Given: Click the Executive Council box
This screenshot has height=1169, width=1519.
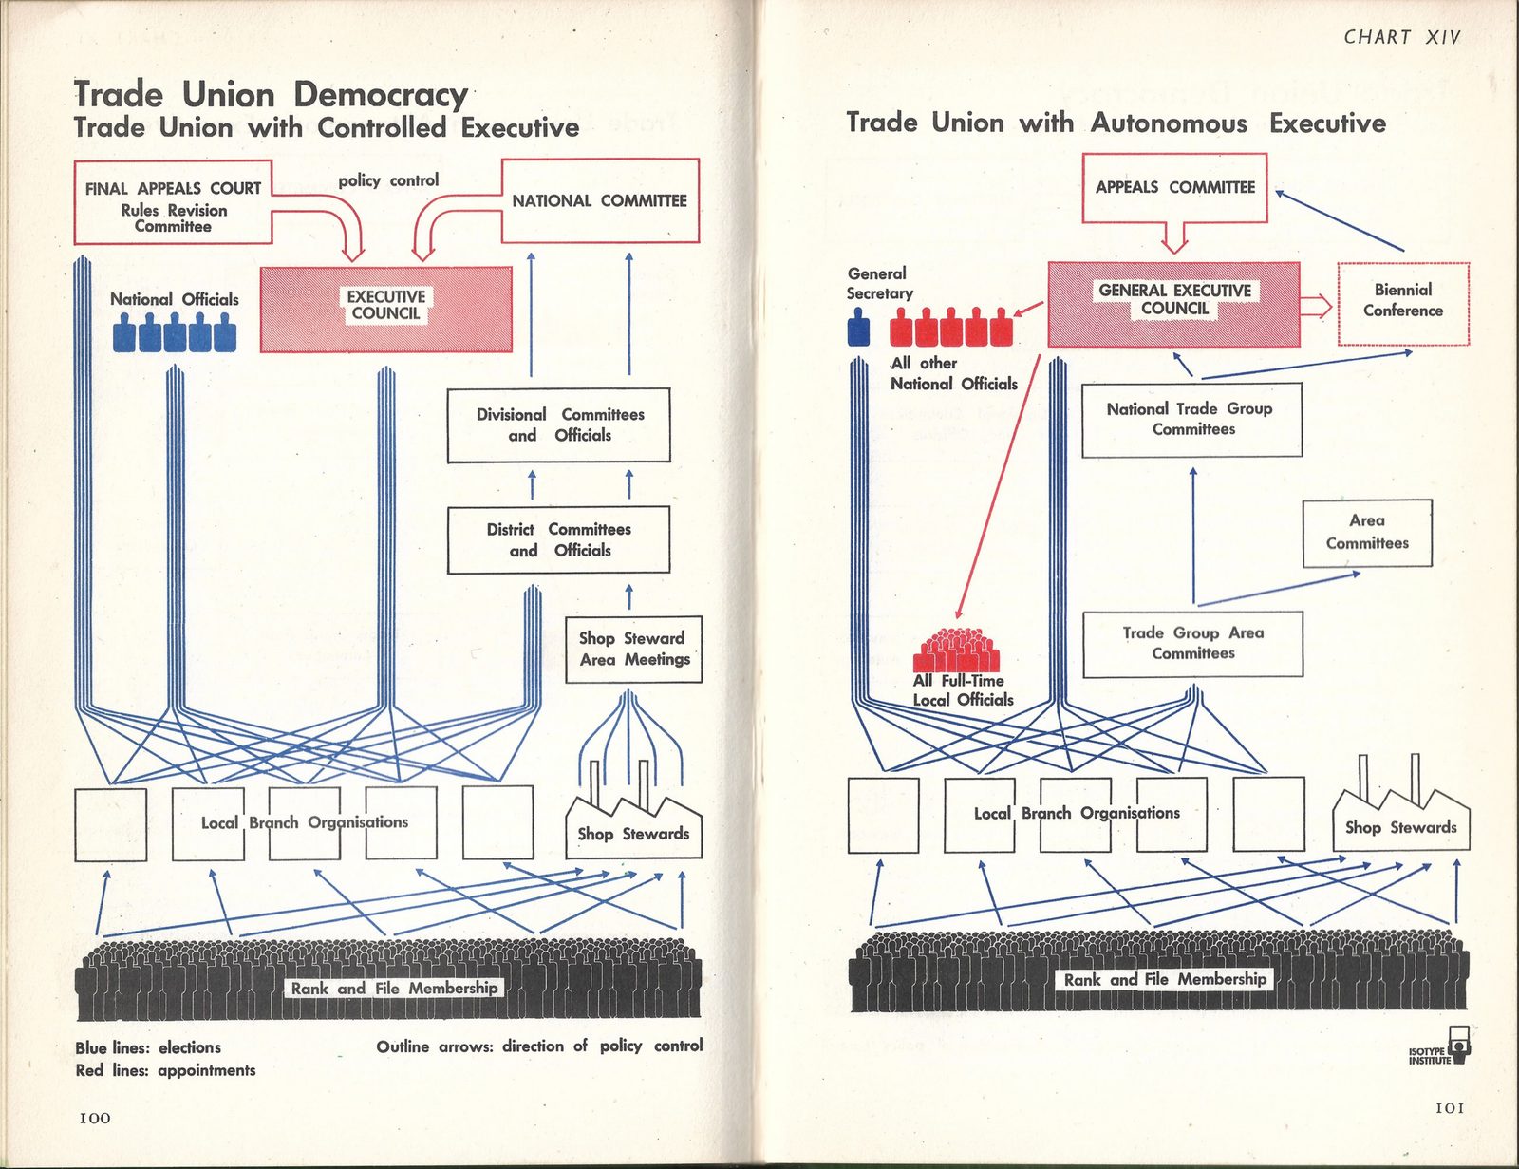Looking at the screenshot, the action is point(385,309).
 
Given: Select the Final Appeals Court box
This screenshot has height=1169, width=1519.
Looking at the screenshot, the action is point(173,202).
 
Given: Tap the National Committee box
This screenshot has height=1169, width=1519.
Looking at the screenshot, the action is point(600,200).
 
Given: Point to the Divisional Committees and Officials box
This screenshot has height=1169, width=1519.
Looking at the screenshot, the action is point(558,425).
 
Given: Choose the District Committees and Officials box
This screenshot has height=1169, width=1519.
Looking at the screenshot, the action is point(558,539).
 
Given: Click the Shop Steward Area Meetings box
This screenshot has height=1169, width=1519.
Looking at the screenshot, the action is point(633,649).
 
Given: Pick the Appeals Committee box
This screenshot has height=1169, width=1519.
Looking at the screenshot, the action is point(1174,187).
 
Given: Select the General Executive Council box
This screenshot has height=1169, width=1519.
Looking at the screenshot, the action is point(1174,304).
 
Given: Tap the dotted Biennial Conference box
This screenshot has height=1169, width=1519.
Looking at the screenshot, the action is point(1403,304).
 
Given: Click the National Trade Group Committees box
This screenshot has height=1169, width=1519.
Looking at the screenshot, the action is point(1191,420).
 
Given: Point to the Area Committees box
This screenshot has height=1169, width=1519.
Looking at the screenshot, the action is point(1367,533).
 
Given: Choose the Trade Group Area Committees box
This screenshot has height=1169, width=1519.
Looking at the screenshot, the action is point(1193,644).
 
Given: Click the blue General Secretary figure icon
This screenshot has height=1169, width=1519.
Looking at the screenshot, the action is point(858,328).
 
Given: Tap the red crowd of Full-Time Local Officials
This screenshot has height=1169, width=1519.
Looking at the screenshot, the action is point(956,650).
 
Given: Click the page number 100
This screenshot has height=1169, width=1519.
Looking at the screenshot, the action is point(95,1118).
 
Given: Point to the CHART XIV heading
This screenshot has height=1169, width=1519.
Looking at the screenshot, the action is point(1401,37).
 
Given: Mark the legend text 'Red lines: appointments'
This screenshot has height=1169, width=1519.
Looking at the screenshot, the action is point(166,1070).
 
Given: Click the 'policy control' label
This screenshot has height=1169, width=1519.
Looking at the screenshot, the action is point(388,180).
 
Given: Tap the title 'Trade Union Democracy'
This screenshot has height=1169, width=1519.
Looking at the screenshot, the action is point(272,94).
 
